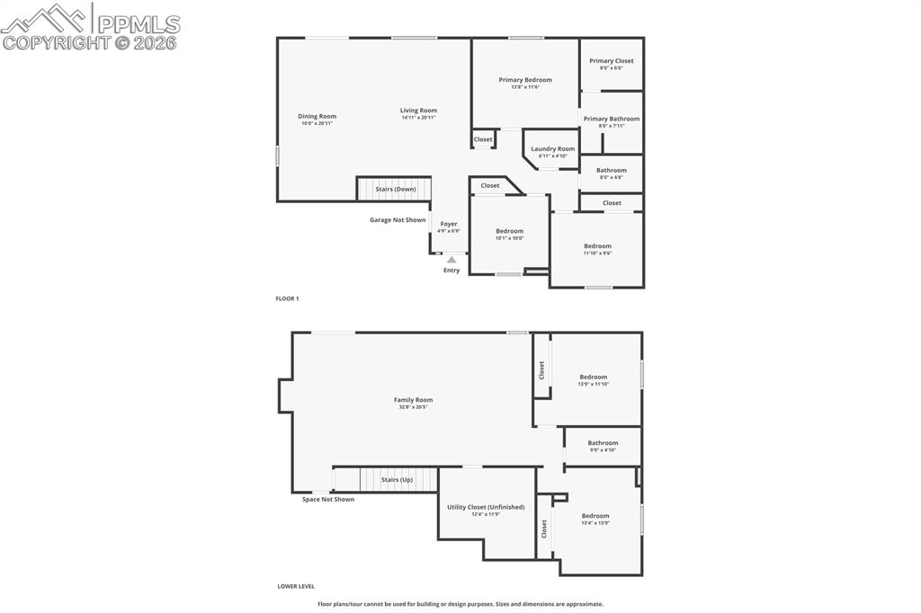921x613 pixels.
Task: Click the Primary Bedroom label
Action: tap(525, 80)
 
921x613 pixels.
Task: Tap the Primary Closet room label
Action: tap(612, 61)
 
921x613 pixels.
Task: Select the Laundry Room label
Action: tap(552, 149)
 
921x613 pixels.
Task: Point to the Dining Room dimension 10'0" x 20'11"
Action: tap(317, 123)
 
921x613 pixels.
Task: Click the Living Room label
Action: tap(418, 111)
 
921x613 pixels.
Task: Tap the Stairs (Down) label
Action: tap(395, 190)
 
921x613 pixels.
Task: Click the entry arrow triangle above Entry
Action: tap(452, 260)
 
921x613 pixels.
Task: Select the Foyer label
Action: tap(449, 224)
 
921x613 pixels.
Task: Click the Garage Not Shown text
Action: tap(398, 220)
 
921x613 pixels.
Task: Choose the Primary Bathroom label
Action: tap(612, 119)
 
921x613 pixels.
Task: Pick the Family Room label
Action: tap(413, 400)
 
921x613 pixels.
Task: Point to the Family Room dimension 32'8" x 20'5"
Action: tap(413, 407)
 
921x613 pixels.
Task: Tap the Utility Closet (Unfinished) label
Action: tap(486, 507)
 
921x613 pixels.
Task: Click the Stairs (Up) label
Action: tap(397, 480)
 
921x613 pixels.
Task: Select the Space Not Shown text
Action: tap(328, 500)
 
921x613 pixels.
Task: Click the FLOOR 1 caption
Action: tap(287, 298)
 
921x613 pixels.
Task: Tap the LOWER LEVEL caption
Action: tap(296, 586)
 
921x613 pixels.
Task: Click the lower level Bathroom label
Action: tap(603, 442)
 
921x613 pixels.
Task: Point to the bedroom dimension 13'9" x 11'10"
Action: tap(594, 385)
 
